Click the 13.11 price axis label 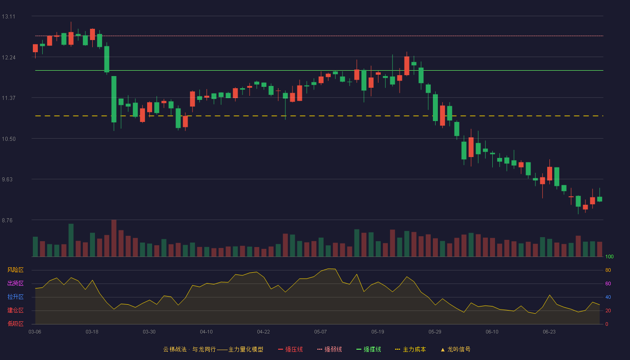[9, 17]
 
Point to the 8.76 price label [7, 220]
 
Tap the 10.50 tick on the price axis [9, 139]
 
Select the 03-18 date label [92, 332]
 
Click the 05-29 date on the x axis [435, 332]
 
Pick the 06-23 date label [549, 332]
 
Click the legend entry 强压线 [290, 349]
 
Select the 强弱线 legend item [329, 349]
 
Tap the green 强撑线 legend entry [369, 349]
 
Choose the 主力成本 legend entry [410, 349]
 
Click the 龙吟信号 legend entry [455, 349]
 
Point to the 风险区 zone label [15, 270]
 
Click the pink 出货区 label [15, 283]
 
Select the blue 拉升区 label [15, 297]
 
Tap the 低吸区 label [15, 324]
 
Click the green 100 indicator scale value [609, 256]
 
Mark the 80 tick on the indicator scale [608, 270]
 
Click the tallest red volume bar [114, 238]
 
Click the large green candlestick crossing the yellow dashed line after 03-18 [114, 99]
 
